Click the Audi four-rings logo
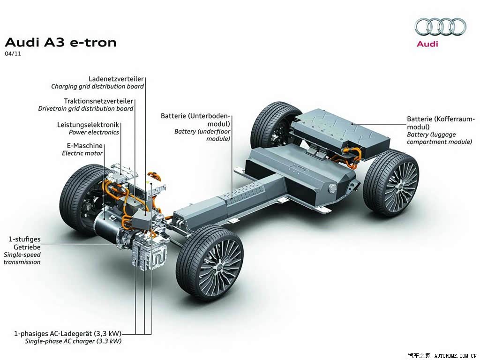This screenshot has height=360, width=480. (440, 27)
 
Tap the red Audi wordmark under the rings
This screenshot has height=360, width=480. (427, 44)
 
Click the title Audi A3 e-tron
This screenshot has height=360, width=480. (60, 43)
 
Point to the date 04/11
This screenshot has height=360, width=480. (13, 53)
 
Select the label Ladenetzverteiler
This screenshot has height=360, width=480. (116, 79)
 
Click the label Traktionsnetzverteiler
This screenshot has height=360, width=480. (98, 101)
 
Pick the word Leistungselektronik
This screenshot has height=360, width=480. (88, 125)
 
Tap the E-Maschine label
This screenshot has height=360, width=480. (85, 146)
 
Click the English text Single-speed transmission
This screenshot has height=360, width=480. (22, 258)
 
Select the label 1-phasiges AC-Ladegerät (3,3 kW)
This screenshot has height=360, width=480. (67, 333)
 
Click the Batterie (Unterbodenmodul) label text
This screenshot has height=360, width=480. (195, 120)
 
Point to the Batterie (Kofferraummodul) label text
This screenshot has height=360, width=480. (441, 123)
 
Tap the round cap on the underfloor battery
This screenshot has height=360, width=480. (333, 188)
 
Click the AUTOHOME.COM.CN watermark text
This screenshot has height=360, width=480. (456, 356)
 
